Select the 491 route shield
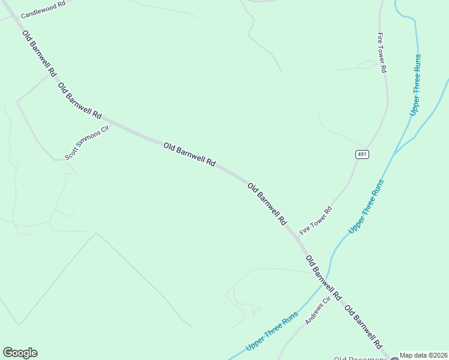click(x=361, y=154)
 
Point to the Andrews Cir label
click(x=318, y=311)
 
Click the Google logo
click(x=20, y=353)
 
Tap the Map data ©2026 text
click(x=424, y=355)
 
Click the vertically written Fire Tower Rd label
click(x=381, y=52)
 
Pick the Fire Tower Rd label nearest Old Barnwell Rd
click(x=316, y=220)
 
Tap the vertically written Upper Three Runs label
click(x=415, y=85)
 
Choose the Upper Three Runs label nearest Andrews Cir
click(x=272, y=332)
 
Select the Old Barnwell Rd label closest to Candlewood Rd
click(x=39, y=53)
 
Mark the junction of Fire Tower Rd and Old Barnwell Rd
click(x=297, y=236)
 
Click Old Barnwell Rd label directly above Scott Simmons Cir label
click(x=80, y=101)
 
